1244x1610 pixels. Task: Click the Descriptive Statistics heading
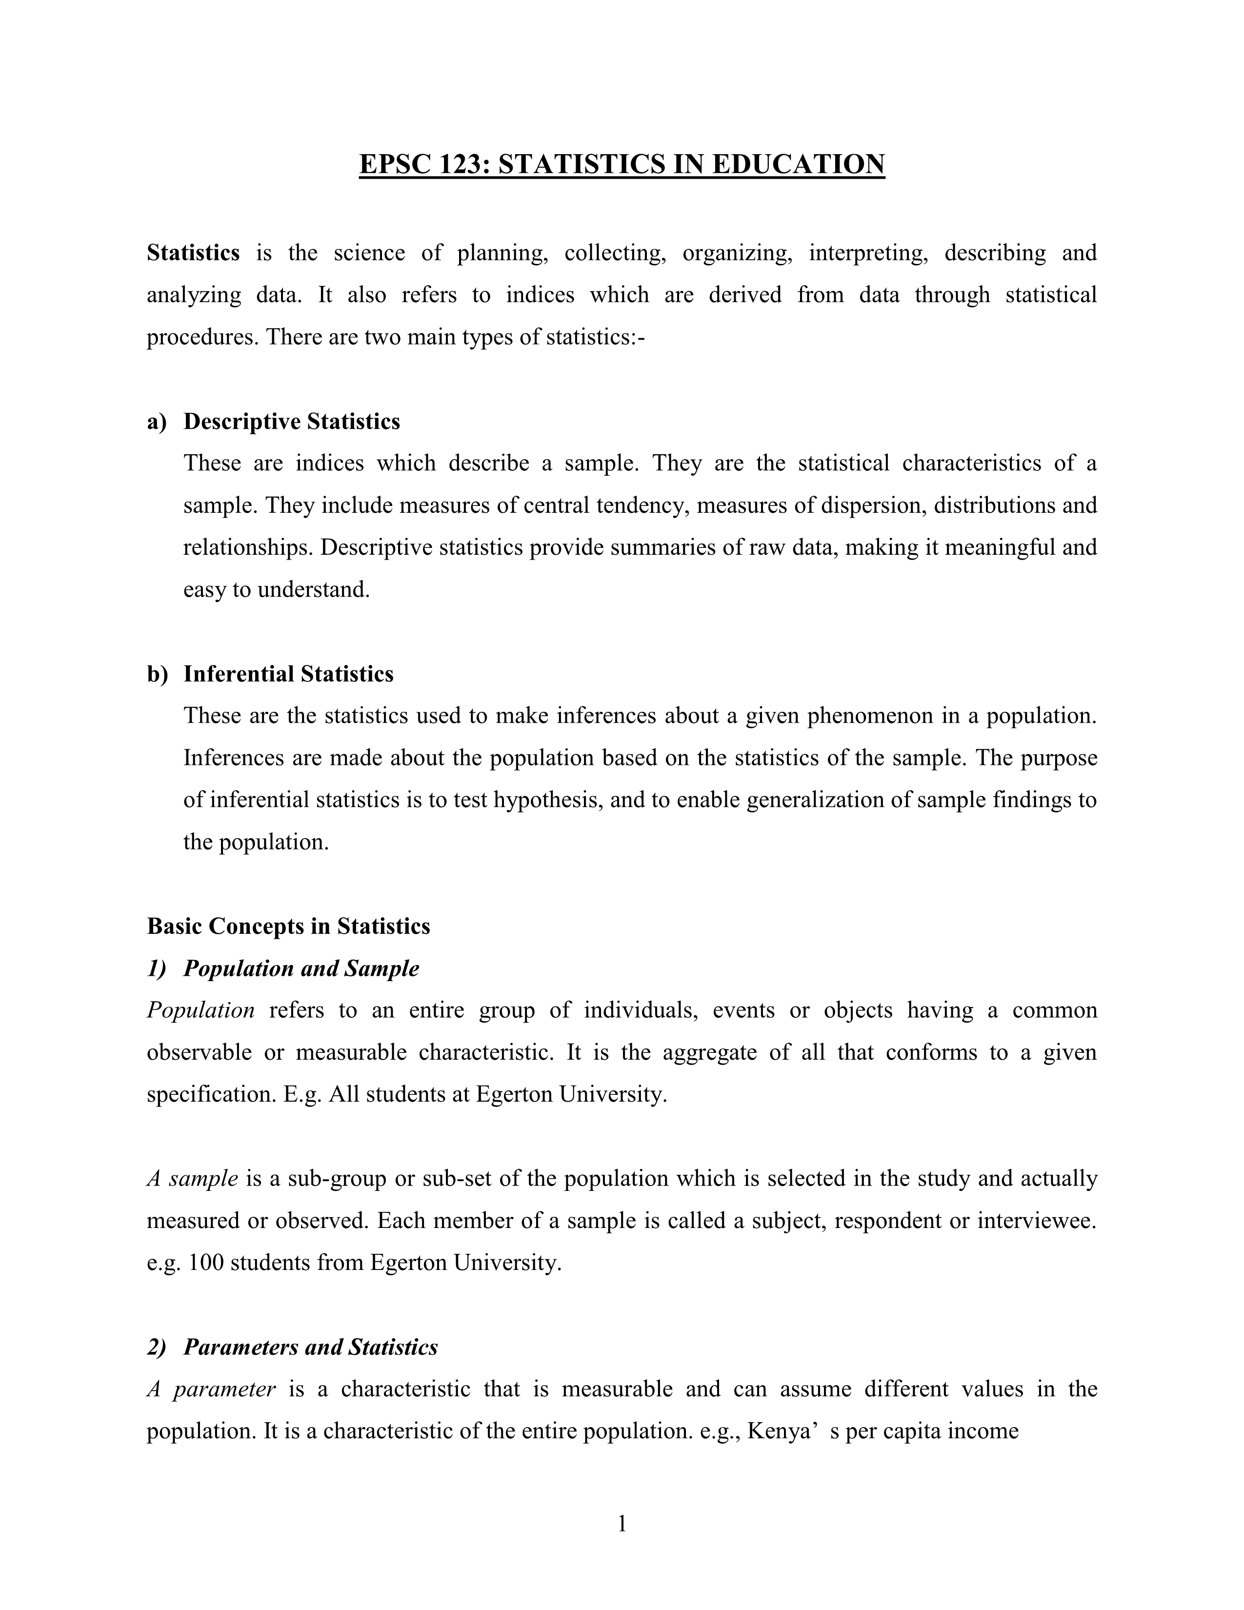click(x=291, y=422)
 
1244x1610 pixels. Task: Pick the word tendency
click(x=642, y=506)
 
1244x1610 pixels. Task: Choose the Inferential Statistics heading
click(x=288, y=674)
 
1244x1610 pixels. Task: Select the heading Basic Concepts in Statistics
click(x=288, y=926)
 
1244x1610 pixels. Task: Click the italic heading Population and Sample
click(x=301, y=968)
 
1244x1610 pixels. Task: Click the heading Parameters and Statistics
click(x=310, y=1348)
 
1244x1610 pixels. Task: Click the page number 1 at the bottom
click(x=621, y=1523)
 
